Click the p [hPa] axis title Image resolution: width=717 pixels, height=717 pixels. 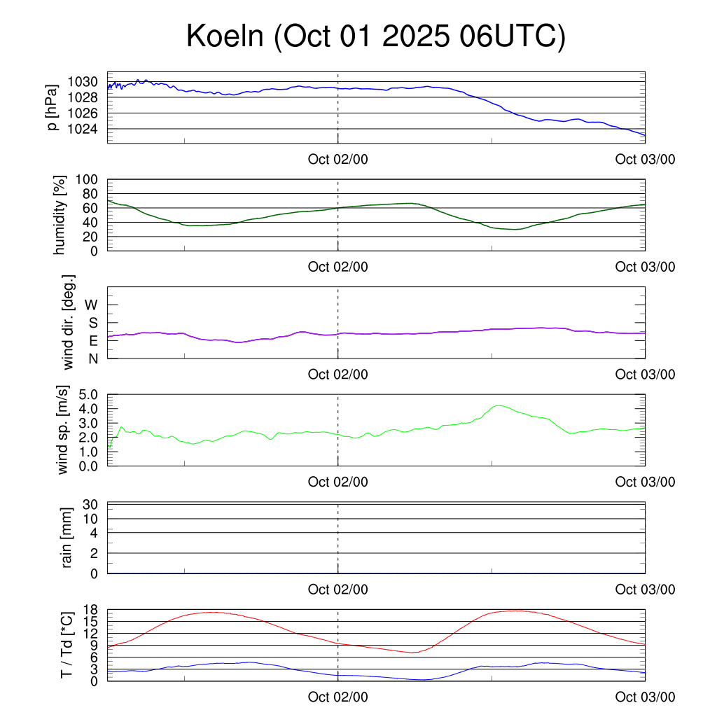[52, 106]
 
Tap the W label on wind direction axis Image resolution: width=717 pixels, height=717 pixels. [92, 305]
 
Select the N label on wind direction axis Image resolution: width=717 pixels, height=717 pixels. [93, 358]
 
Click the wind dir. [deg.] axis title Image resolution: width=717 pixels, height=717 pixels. [69, 322]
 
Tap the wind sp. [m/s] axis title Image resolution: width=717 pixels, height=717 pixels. [63, 430]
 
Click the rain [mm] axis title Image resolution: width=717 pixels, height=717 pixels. [68, 538]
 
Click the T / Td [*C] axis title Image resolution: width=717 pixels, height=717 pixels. [67, 645]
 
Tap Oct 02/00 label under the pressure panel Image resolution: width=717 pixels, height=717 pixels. [338, 159]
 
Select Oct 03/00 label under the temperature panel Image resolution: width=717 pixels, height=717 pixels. [645, 697]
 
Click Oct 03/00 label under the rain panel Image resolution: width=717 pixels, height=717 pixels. [645, 590]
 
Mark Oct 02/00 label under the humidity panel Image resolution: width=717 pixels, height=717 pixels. [338, 267]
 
